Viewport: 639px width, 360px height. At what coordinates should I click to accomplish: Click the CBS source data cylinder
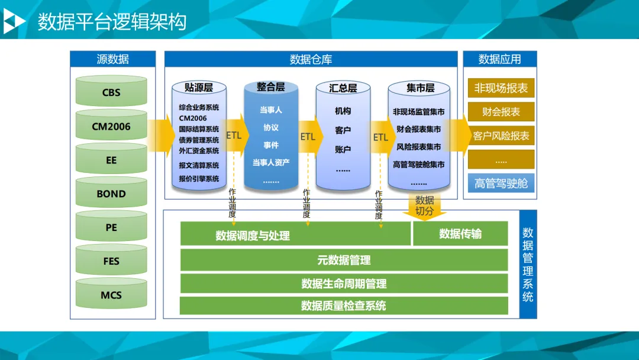(111, 92)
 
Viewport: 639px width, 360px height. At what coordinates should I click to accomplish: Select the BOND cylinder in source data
(111, 194)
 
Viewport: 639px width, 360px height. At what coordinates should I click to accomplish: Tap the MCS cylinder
(111, 295)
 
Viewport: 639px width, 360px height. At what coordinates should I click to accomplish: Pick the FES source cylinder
(111, 261)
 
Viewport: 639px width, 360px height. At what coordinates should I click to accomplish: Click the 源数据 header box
(112, 59)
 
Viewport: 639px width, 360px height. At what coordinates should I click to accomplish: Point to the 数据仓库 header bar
(311, 59)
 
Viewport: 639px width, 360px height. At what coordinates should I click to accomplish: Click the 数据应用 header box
(499, 59)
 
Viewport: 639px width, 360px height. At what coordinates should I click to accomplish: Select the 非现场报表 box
(501, 88)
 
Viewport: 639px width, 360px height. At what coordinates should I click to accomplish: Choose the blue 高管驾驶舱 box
(501, 183)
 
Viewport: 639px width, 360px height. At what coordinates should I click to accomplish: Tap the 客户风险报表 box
(501, 136)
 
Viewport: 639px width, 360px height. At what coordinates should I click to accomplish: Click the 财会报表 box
(501, 112)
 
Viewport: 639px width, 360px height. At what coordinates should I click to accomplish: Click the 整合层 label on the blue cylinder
(270, 87)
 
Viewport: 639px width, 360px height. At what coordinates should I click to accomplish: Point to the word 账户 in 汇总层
(343, 150)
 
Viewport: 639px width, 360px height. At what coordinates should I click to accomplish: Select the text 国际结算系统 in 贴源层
(199, 129)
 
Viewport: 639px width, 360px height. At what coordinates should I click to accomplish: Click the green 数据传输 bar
(460, 234)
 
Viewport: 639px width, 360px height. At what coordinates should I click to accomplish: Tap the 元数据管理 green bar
(344, 260)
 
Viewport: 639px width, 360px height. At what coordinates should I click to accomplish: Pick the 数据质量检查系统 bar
(344, 306)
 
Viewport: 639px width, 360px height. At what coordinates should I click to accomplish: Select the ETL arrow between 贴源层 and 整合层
(234, 136)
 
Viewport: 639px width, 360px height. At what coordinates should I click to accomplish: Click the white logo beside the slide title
(14, 22)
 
